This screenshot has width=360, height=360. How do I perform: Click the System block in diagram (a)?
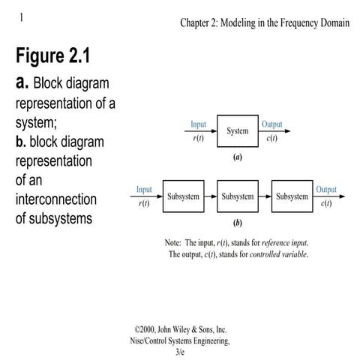(x=237, y=131)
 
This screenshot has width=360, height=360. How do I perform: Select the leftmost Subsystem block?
(x=184, y=196)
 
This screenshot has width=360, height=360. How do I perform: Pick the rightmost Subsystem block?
(x=292, y=196)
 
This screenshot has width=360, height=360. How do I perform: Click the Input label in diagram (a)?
(x=198, y=124)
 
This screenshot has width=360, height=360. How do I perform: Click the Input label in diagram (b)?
(x=145, y=190)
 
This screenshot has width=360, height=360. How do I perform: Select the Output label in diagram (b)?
(x=326, y=190)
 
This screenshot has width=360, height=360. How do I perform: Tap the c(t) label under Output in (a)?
(x=271, y=139)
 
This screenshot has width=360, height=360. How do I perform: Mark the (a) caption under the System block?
(x=237, y=159)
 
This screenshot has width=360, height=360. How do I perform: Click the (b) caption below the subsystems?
(x=238, y=224)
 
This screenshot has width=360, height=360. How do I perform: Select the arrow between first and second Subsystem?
(x=211, y=196)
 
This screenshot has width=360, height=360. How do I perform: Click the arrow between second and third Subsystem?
(x=265, y=196)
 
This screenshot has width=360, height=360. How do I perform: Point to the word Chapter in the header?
(x=197, y=22)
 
